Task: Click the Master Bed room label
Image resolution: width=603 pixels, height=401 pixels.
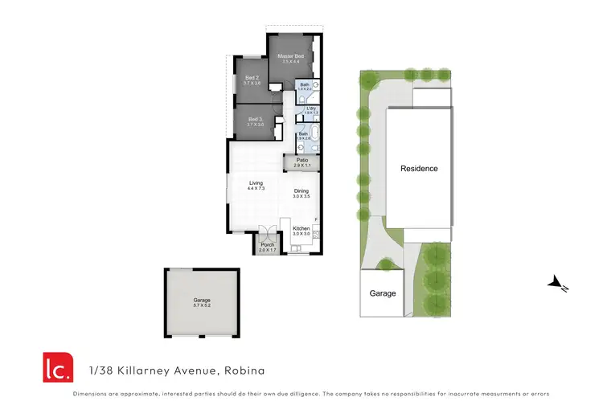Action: (x=290, y=56)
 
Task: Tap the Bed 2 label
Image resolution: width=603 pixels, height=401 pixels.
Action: (x=252, y=77)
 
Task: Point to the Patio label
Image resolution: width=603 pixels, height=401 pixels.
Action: (x=302, y=160)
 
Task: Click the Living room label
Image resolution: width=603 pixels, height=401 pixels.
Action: (x=256, y=183)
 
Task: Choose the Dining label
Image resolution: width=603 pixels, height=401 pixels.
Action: (x=301, y=190)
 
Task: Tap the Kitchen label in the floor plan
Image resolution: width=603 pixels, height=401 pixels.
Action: (x=301, y=229)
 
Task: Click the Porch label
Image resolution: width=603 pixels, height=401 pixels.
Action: (x=267, y=245)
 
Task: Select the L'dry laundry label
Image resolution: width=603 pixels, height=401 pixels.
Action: (x=311, y=108)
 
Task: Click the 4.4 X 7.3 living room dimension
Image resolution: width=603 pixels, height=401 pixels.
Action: (x=256, y=189)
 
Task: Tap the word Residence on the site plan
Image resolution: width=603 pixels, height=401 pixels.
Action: (x=420, y=169)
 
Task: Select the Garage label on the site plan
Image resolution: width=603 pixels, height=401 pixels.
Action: (x=383, y=293)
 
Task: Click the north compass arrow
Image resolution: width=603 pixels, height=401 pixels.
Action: (x=557, y=282)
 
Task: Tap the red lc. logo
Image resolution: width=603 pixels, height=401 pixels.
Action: (x=58, y=366)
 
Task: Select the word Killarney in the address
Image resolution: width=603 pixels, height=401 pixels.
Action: (x=142, y=371)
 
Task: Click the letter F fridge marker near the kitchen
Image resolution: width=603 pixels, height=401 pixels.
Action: (x=316, y=219)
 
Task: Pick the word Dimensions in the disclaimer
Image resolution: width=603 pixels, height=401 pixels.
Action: (x=91, y=394)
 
